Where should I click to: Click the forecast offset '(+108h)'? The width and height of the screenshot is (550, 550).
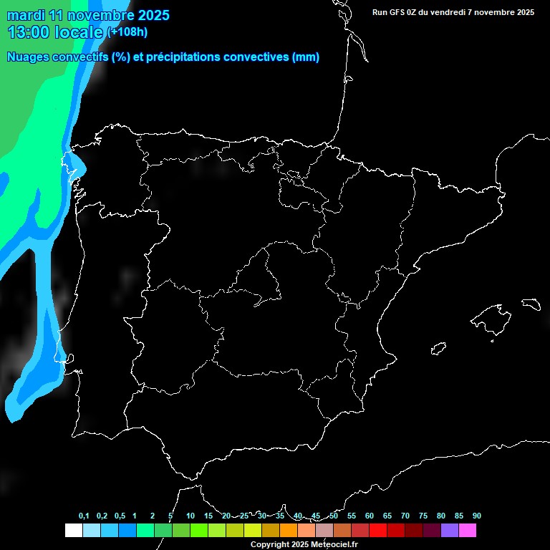coord(127,32)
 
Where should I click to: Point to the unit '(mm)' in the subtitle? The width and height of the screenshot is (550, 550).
coord(306,57)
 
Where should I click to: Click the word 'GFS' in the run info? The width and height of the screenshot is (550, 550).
coord(402,11)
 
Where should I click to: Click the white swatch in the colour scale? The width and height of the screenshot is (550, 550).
coord(73,530)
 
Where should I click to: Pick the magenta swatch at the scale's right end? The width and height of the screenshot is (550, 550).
coord(467,530)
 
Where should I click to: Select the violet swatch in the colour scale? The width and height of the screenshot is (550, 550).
coord(449,530)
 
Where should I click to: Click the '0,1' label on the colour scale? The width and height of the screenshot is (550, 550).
coord(84,516)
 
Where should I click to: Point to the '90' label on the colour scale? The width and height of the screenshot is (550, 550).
coord(477,516)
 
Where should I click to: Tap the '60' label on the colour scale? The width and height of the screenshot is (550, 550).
coord(370,516)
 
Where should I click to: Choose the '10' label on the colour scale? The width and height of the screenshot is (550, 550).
coord(190,516)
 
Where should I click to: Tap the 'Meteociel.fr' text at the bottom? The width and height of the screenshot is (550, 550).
coord(334,544)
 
